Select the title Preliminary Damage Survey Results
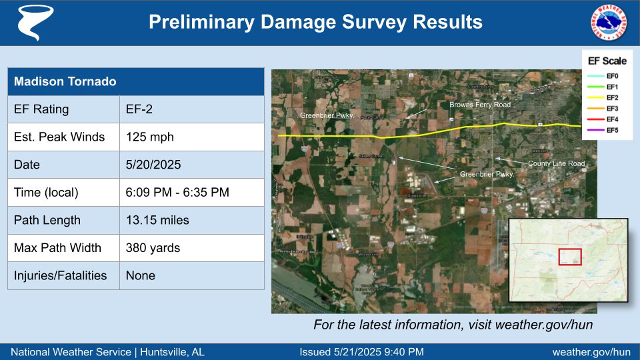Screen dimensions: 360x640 tap(315, 22)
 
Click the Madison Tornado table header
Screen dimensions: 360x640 tap(135, 81)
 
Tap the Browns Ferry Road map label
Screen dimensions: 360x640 tap(479, 105)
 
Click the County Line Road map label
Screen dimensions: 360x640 tap(556, 163)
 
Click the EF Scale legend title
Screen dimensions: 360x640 tap(607, 61)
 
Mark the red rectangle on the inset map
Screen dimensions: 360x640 tap(570, 257)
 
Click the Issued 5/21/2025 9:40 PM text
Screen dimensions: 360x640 tap(361, 352)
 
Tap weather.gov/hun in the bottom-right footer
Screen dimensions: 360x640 tap(591, 352)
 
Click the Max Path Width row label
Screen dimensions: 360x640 tap(58, 248)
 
